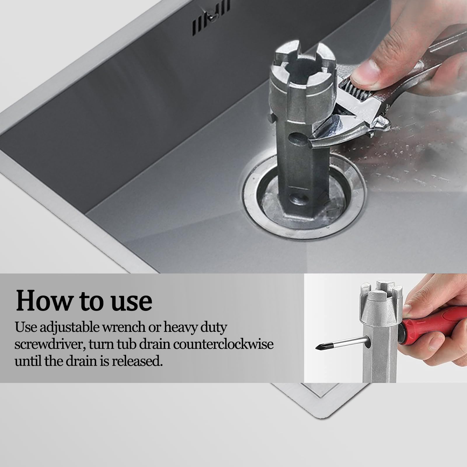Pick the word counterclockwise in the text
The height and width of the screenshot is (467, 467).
coord(223,345)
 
